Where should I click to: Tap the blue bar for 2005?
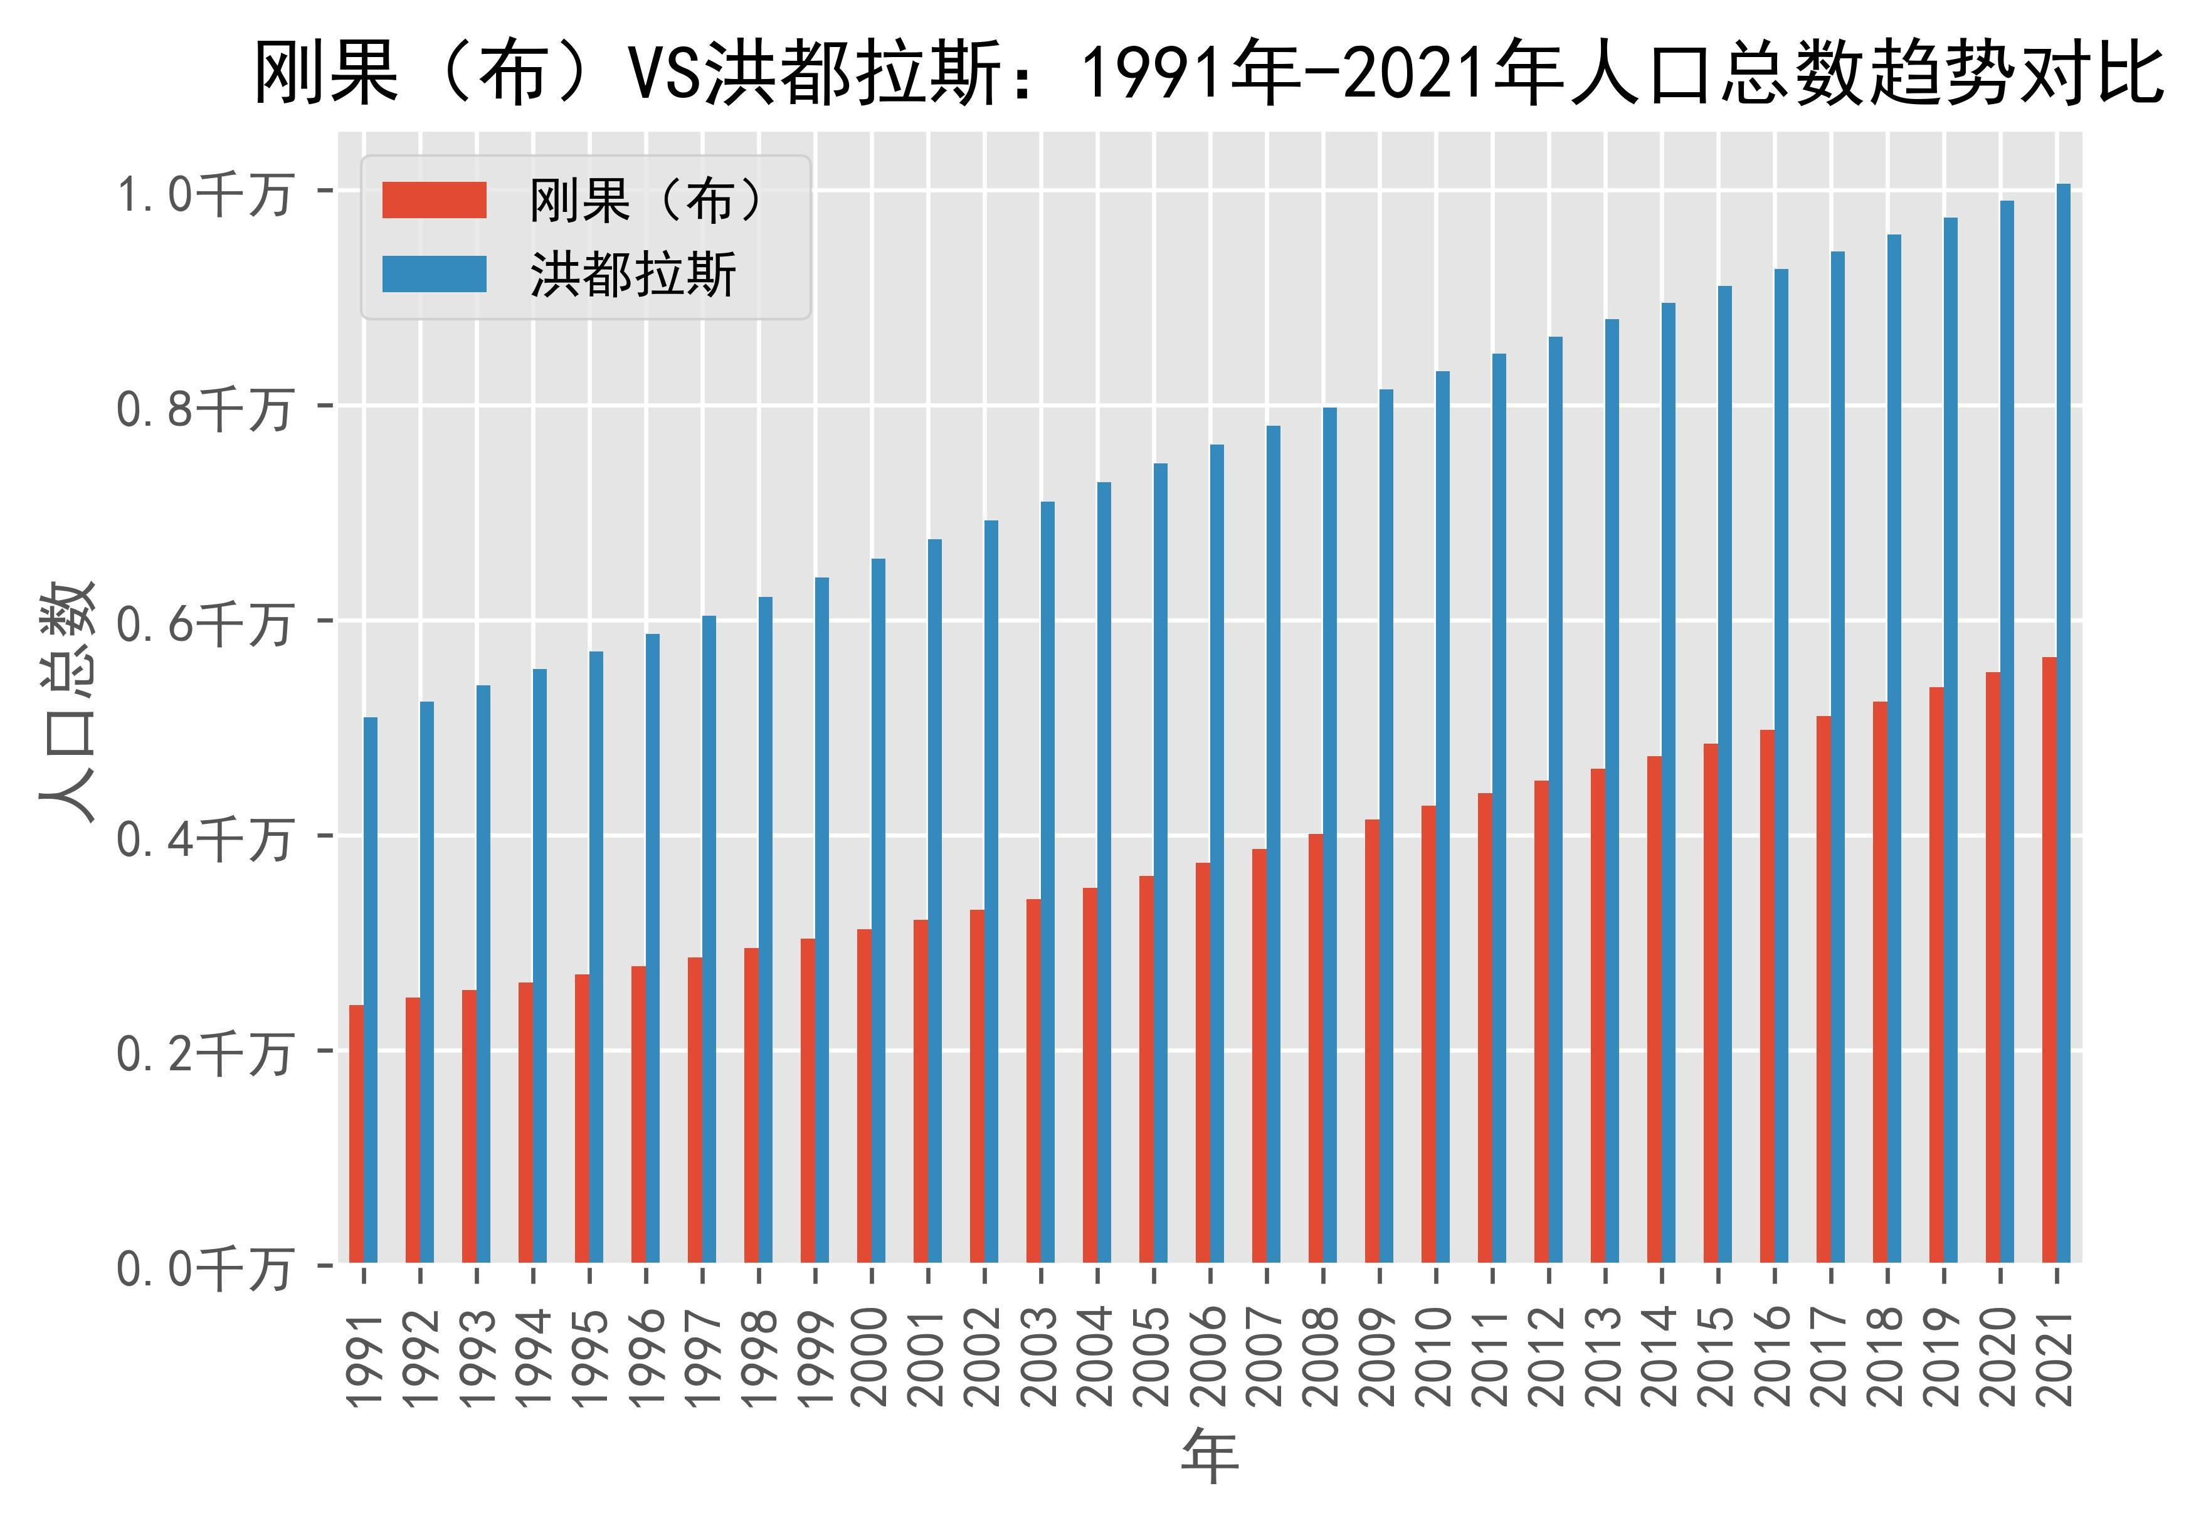[x=1160, y=863]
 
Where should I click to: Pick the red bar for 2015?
[x=1711, y=1002]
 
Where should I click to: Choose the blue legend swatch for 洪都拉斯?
[x=434, y=275]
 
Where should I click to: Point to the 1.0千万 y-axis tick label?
[x=203, y=194]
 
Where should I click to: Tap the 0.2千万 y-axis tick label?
[x=203, y=1055]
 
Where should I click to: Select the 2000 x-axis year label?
[x=868, y=1356]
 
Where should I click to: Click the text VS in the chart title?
[x=663, y=75]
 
